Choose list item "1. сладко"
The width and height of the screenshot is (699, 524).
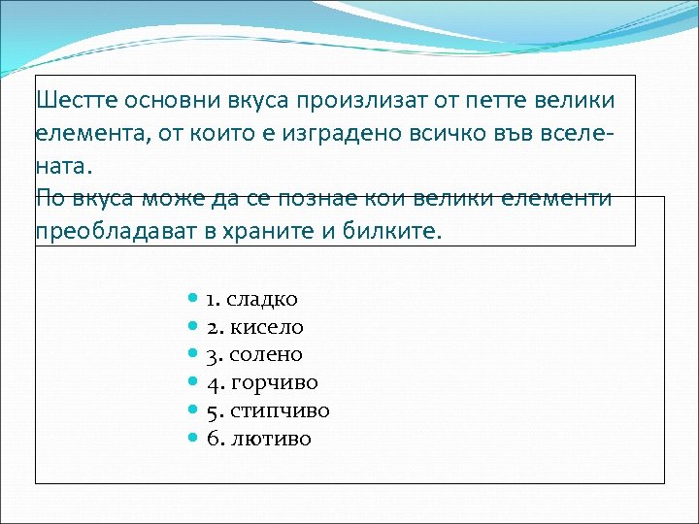tap(251, 299)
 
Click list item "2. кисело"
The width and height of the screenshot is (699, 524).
tap(255, 327)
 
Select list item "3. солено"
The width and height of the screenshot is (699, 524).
tap(254, 355)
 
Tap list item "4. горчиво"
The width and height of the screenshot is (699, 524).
tap(262, 382)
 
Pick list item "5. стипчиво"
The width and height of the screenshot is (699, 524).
tap(268, 410)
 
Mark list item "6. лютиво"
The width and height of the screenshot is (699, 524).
tap(259, 439)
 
